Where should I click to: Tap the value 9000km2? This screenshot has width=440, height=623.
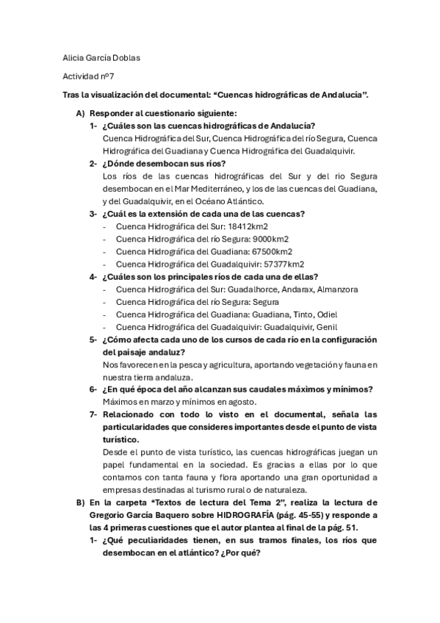coord(268,239)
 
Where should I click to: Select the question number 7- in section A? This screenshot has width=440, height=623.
coord(94,414)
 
